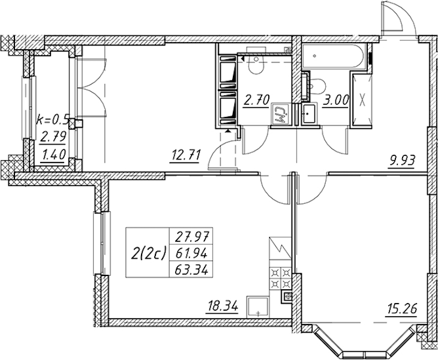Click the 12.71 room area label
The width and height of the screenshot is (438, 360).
coord(185,155)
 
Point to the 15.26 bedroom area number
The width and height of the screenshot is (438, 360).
coord(401,310)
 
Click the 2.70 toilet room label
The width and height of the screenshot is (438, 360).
coord(256,100)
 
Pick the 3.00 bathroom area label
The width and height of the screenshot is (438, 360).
coord(336,100)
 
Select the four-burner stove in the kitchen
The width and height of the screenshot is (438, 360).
coord(280,278)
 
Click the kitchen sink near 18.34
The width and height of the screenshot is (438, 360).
coord(257,307)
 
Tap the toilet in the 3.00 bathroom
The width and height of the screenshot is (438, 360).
coord(317,87)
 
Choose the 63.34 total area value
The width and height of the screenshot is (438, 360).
coord(191,271)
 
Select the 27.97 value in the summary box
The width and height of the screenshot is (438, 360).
coord(192,238)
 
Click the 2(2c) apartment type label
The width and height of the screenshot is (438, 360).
coord(148,253)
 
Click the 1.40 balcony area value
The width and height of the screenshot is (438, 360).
coord(53,154)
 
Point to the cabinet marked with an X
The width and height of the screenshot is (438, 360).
coord(362,100)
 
